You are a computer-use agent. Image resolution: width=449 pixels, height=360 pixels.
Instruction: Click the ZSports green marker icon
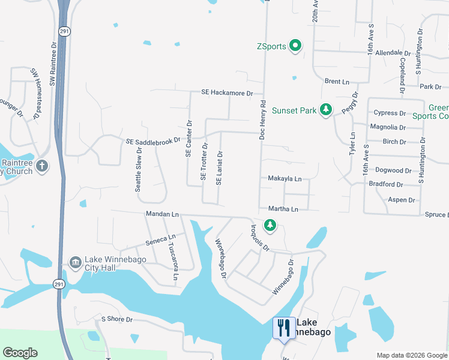pyautogui.click(x=295, y=46)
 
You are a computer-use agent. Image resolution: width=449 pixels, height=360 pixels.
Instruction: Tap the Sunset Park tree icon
pyautogui.click(x=325, y=110)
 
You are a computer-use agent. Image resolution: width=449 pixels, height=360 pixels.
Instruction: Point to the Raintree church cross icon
pyautogui.click(x=41, y=166)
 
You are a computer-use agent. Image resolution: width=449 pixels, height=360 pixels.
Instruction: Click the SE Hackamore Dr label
pyautogui.click(x=228, y=93)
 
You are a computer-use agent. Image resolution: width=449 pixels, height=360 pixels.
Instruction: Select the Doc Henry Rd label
pyautogui.click(x=262, y=120)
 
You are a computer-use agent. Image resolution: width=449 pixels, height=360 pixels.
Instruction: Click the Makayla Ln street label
pyautogui.click(x=284, y=179)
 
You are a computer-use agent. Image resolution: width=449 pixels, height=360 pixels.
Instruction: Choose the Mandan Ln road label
pyautogui.click(x=162, y=214)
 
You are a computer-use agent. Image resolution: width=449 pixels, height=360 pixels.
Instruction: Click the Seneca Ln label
pyautogui.click(x=160, y=240)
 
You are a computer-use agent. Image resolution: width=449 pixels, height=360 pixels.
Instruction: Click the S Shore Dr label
pyautogui.click(x=116, y=319)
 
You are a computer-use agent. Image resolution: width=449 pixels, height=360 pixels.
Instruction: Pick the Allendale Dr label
pyautogui.click(x=393, y=53)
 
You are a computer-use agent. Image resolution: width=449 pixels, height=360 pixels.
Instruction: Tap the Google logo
pyautogui.click(x=20, y=353)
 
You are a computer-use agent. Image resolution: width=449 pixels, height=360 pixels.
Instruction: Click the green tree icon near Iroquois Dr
pyautogui.click(x=270, y=225)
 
